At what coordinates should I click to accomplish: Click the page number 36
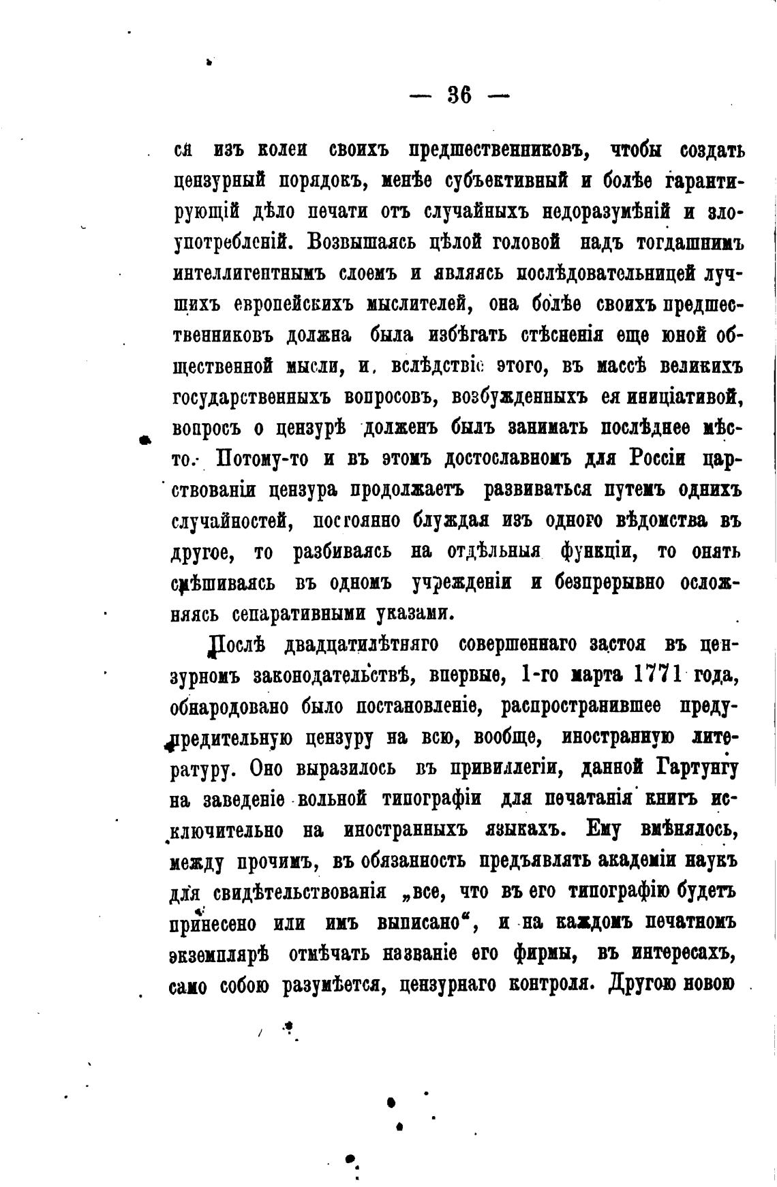coord(459,95)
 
